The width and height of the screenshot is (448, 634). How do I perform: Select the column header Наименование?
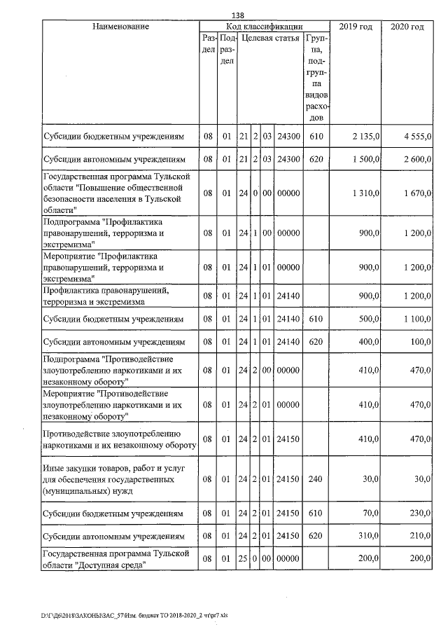120,27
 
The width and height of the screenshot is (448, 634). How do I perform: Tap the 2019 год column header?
356,27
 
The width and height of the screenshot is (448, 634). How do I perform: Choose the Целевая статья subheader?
270,38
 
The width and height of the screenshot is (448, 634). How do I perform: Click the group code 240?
315,478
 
